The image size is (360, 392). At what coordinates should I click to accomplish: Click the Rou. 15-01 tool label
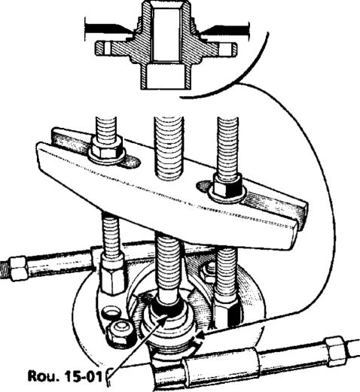pyautogui.click(x=65, y=376)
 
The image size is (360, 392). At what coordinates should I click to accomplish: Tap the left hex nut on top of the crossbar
pyautogui.click(x=106, y=147)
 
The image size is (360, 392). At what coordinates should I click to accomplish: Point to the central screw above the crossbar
pyautogui.click(x=169, y=148)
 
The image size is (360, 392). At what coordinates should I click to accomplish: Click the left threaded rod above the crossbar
pyautogui.click(x=106, y=127)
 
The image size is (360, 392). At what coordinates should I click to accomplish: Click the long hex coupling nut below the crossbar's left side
pyautogui.click(x=112, y=273)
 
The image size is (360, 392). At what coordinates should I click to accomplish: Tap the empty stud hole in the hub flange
pyautogui.click(x=111, y=312)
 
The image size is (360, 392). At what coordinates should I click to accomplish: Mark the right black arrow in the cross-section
pyautogui.click(x=224, y=29)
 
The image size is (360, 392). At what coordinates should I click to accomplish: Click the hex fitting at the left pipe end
pyautogui.click(x=17, y=268)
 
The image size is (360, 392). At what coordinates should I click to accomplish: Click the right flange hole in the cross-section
pyautogui.click(x=224, y=49)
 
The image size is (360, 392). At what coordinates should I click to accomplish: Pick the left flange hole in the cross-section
pyautogui.click(x=107, y=48)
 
